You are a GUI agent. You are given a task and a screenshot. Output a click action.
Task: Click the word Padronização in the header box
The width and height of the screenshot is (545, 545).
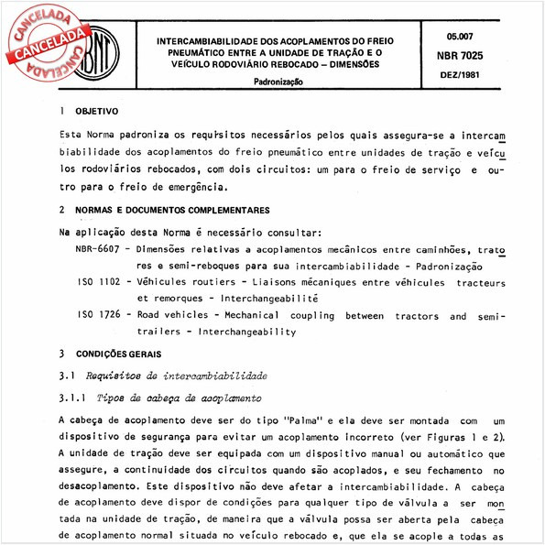tap(280, 82)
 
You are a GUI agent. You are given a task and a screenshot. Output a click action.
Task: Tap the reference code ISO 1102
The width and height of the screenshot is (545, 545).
tap(101, 283)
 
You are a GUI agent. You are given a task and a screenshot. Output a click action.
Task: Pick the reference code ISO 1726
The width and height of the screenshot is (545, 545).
tap(101, 317)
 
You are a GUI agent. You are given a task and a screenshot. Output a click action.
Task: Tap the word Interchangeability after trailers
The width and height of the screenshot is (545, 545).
tap(247, 332)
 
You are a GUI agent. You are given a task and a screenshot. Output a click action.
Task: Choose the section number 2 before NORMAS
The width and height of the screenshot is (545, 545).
tap(60, 210)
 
